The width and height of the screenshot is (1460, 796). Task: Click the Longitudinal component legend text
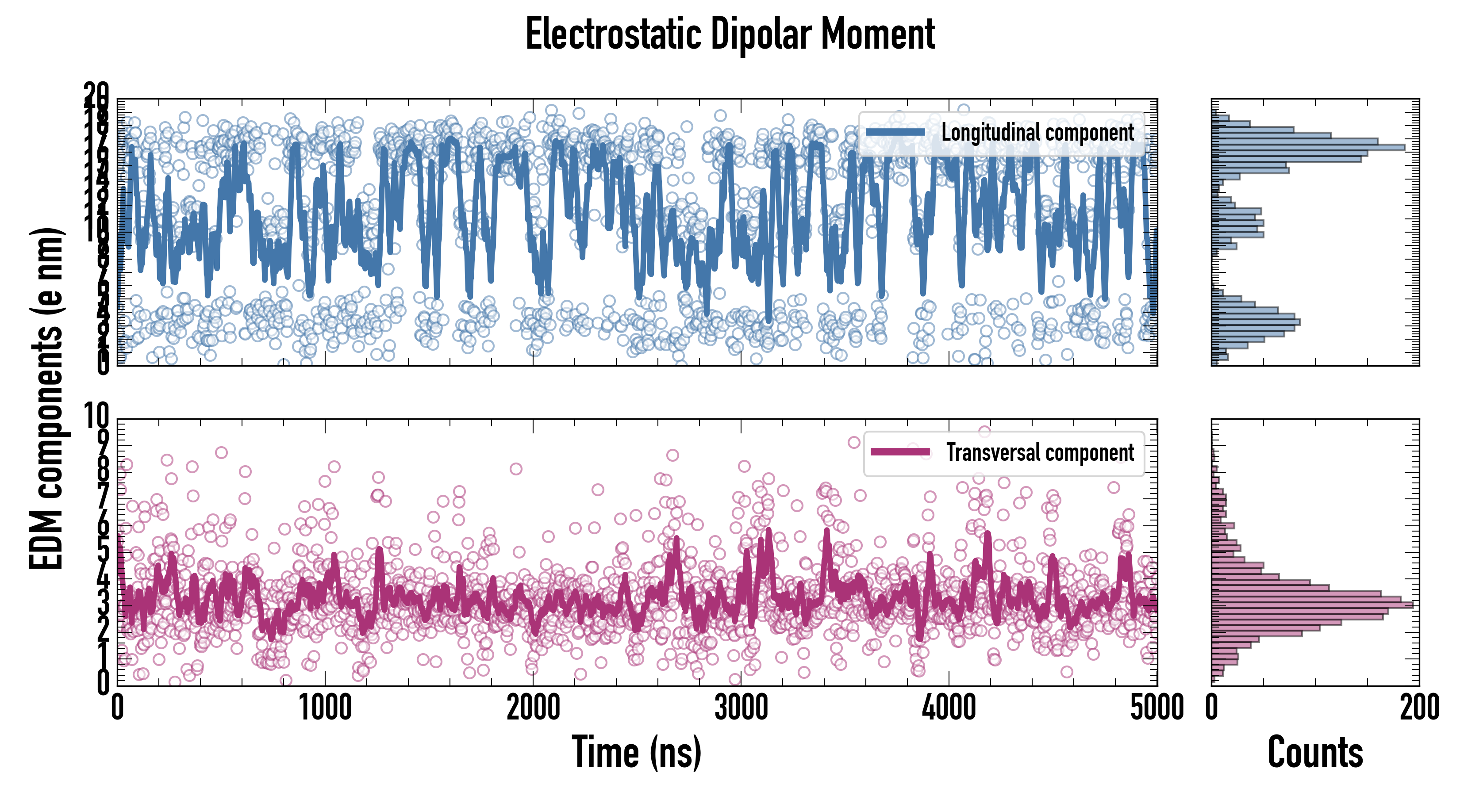(1037, 133)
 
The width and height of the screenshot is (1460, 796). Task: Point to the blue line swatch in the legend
(895, 132)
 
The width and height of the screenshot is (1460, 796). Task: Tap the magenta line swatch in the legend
(900, 452)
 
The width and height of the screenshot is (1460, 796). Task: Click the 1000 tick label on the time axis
(325, 708)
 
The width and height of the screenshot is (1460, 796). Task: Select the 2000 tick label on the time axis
(533, 708)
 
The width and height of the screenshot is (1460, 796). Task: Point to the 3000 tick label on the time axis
(741, 708)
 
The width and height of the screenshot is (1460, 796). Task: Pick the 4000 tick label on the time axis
(948, 708)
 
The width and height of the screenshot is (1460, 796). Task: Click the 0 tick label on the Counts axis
(1212, 708)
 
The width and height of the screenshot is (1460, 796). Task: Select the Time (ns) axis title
(637, 752)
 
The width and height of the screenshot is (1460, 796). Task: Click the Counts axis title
(1315, 752)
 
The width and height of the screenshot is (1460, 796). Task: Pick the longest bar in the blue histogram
(1308, 147)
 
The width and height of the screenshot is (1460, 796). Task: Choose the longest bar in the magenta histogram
(1312, 605)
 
